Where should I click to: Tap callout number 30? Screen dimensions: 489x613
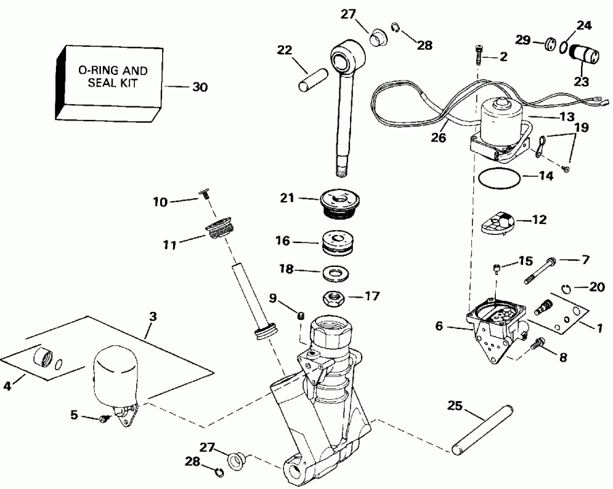(x=200, y=87)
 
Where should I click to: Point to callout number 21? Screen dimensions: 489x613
(x=286, y=198)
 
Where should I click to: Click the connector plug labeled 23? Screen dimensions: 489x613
(x=583, y=54)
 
